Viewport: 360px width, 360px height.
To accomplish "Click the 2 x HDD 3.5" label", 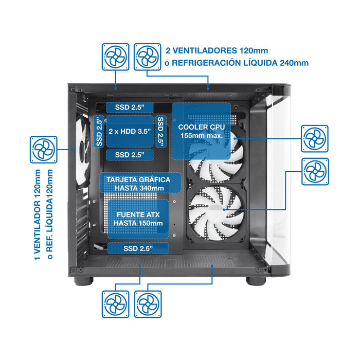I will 130,131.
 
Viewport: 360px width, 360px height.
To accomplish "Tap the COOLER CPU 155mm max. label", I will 201,131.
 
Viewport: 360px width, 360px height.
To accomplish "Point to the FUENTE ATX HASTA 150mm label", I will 138,219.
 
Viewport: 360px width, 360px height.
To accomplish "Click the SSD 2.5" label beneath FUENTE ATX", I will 138,248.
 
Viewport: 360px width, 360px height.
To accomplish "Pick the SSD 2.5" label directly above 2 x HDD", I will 130,107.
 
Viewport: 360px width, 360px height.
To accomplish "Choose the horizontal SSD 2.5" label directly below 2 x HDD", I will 130,154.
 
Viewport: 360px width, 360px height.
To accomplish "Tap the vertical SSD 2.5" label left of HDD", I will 99,132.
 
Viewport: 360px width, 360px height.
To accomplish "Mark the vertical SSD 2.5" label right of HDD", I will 161,132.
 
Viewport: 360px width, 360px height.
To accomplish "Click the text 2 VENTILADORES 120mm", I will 217,51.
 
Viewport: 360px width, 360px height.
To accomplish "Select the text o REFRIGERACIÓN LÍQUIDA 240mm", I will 236,63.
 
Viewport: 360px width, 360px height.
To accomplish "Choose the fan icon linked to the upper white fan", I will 314,138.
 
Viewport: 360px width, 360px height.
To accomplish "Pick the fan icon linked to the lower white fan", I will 314,171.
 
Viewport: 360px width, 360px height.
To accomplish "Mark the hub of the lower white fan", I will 217,208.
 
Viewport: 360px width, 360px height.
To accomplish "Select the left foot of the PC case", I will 83,281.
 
